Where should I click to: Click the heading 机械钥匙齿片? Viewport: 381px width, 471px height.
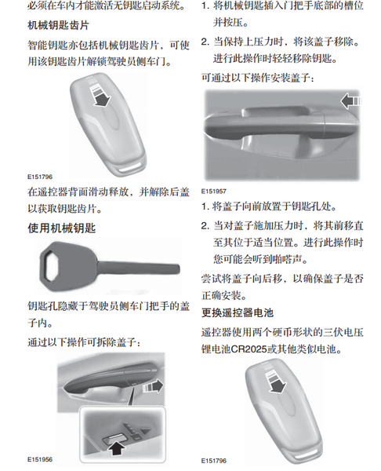[58, 25]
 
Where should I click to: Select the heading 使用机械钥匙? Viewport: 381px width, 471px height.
[61, 228]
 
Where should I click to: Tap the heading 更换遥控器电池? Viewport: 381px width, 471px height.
[238, 312]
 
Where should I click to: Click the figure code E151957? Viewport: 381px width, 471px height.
[213, 191]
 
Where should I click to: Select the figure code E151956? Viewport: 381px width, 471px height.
[40, 459]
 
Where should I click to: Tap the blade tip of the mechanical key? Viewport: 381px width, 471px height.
[178, 268]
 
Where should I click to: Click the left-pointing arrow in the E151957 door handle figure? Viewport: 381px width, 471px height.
[350, 101]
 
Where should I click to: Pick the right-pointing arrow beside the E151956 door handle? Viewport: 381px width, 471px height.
[154, 386]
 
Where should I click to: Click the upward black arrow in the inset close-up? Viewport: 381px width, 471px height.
[117, 448]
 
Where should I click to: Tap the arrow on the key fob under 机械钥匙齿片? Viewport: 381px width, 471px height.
[100, 96]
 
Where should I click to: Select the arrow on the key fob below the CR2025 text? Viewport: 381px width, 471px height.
[276, 382]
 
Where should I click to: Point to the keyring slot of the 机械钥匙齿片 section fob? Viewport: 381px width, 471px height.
[131, 168]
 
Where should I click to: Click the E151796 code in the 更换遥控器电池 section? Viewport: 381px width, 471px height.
[213, 461]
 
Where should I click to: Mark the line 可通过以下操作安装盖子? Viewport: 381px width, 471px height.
[258, 78]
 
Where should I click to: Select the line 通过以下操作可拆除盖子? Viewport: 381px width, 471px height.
[84, 341]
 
